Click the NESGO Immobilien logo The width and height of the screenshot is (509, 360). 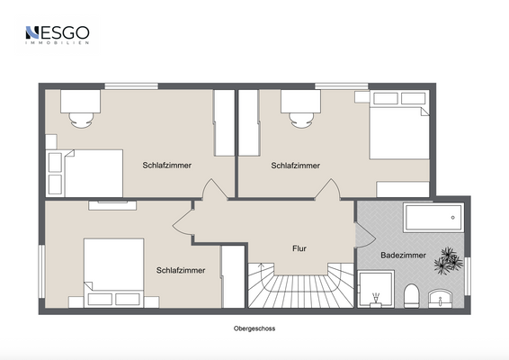point(57,35)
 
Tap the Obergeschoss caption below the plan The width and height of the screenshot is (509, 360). point(254,329)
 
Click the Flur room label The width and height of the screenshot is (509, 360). point(300,248)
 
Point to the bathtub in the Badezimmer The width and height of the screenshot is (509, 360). point(433,219)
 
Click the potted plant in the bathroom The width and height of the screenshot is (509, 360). point(447,261)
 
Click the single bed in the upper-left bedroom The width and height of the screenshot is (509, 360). point(85,172)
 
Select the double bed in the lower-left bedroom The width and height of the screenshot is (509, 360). point(113,269)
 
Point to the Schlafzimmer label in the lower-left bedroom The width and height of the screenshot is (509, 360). point(181,270)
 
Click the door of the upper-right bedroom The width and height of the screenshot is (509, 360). point(326,190)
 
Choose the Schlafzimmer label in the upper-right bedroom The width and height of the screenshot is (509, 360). point(295,166)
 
